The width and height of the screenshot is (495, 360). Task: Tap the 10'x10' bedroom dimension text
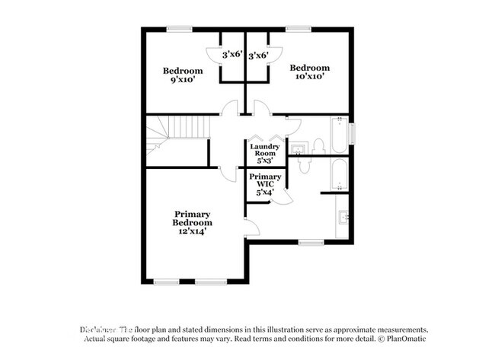(310, 78)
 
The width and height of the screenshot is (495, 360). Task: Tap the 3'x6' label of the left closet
(232, 56)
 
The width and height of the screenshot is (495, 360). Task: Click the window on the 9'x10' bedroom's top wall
(179, 29)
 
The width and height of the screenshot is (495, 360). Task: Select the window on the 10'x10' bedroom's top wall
(299, 29)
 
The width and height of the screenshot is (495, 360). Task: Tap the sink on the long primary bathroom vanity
(343, 218)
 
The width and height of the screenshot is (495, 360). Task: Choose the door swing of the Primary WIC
(283, 197)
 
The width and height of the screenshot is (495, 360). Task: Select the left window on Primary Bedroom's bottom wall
(166, 282)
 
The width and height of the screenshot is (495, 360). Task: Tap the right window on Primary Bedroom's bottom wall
(211, 282)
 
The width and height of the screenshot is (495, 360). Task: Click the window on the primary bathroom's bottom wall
(310, 243)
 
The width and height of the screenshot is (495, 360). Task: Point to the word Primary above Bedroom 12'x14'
(192, 214)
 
